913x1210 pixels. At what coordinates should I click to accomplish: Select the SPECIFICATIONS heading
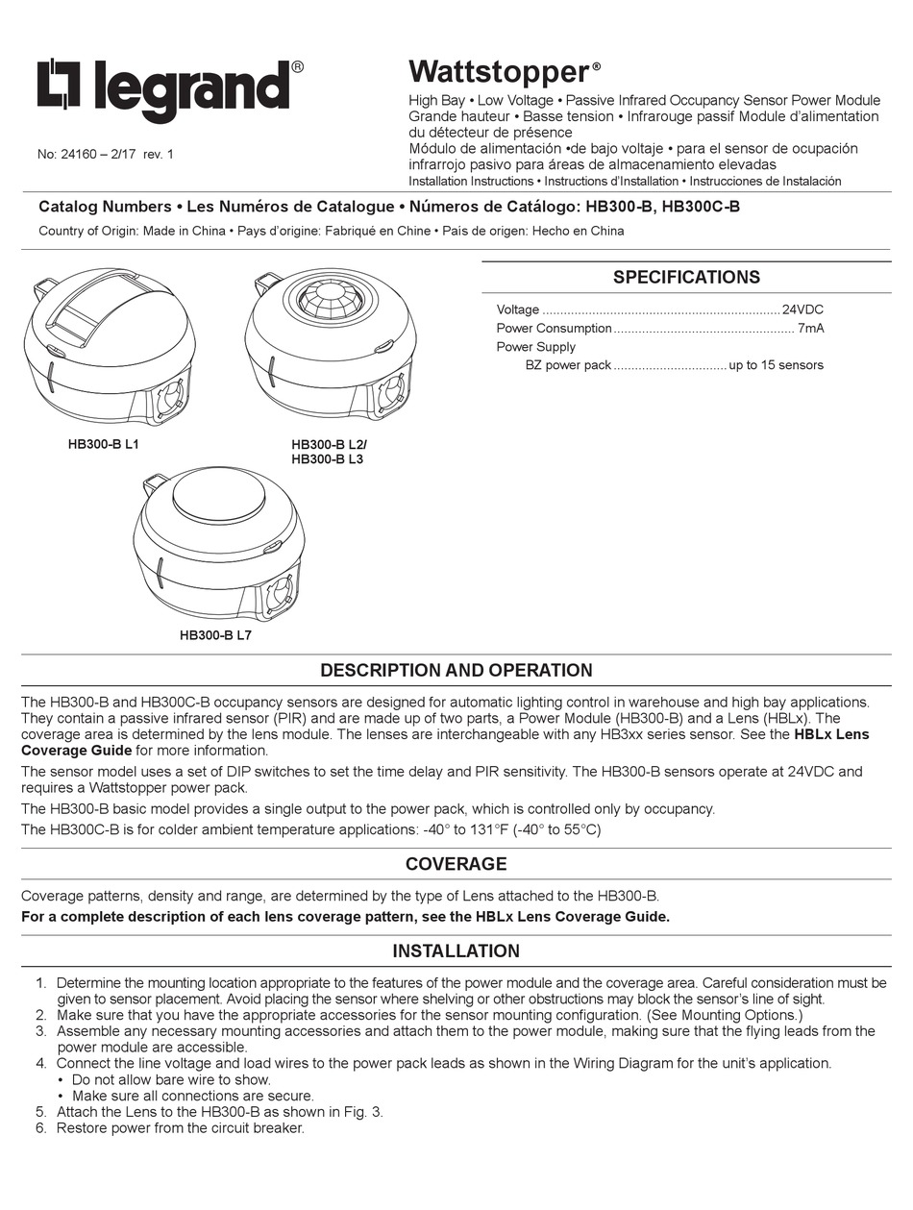[686, 278]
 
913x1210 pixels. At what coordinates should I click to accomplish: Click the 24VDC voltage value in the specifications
[802, 309]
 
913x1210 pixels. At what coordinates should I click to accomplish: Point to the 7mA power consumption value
[809, 328]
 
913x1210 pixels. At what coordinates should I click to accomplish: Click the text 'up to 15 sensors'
[776, 364]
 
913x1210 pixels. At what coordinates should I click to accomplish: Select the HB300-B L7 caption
[215, 634]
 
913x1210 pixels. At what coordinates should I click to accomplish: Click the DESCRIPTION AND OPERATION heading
[456, 670]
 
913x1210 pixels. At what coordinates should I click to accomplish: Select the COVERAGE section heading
[456, 863]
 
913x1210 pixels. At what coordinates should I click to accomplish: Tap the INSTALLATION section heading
[456, 951]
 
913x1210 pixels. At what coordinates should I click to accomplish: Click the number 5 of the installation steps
[40, 1112]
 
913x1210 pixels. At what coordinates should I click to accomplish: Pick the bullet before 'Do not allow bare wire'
[62, 1079]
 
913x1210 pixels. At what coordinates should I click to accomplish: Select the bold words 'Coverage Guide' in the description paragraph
[77, 751]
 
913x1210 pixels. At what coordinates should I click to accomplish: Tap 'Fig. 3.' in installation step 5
[363, 1112]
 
